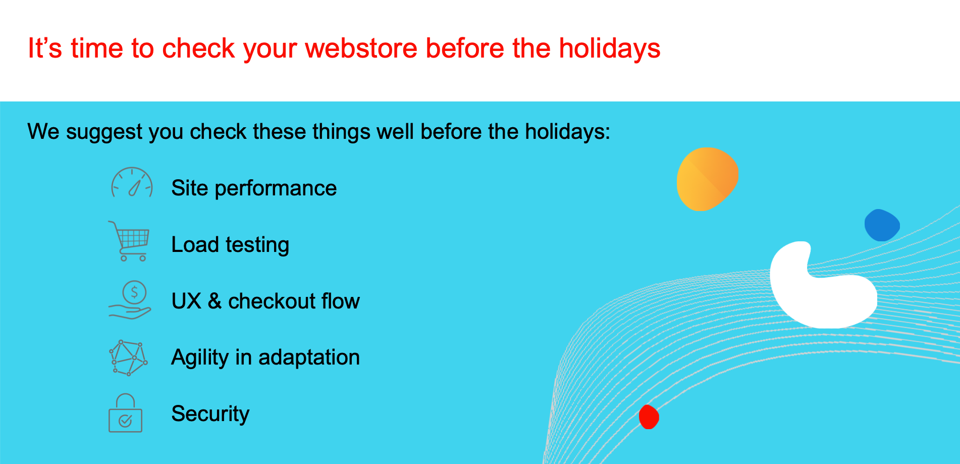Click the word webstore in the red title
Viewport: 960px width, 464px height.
361,48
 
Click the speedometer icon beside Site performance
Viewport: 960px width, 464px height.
132,182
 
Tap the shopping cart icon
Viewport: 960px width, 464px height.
129,241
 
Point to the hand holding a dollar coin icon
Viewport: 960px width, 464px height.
130,300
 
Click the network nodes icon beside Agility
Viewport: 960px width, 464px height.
128,357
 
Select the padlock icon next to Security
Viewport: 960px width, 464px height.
125,413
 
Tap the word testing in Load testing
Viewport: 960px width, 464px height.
257,245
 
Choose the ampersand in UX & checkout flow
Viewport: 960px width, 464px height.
215,301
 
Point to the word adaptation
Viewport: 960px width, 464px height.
309,357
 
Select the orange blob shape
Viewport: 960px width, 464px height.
707,179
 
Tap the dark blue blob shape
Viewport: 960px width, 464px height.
882,225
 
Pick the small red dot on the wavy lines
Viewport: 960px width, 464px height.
649,417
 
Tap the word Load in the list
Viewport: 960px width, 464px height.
195,245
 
